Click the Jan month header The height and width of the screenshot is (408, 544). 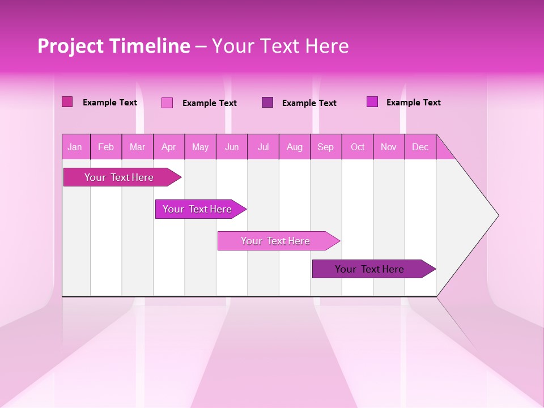pyautogui.click(x=75, y=147)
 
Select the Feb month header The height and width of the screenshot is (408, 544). pyautogui.click(x=106, y=147)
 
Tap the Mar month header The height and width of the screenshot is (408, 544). pyautogui.click(x=137, y=147)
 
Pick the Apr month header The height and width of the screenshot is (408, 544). pyautogui.click(x=169, y=147)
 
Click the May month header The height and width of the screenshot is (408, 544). pyautogui.click(x=200, y=147)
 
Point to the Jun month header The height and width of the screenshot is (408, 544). pyautogui.click(x=232, y=147)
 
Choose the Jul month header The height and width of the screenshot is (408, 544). pyautogui.click(x=263, y=147)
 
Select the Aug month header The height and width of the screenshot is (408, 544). pyautogui.click(x=295, y=147)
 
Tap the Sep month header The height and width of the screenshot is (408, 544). pyautogui.click(x=326, y=147)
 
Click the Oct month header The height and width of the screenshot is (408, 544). pyautogui.click(x=358, y=147)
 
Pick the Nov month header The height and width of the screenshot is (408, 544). pyautogui.click(x=389, y=147)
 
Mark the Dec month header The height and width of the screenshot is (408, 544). pyautogui.click(x=420, y=147)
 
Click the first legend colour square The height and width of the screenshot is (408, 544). pyautogui.click(x=67, y=102)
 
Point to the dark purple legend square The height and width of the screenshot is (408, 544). pyautogui.click(x=267, y=102)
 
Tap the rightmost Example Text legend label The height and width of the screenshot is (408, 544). pyautogui.click(x=413, y=103)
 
